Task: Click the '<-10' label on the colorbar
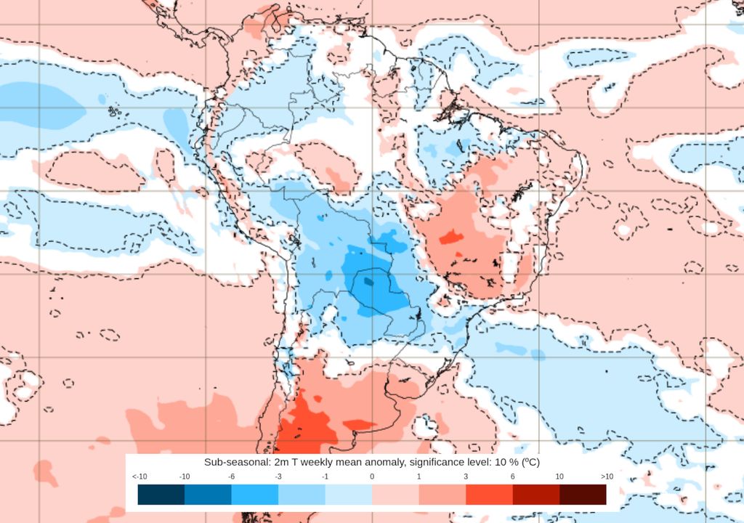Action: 140,477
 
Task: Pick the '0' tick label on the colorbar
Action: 372,477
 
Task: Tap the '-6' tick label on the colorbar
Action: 231,477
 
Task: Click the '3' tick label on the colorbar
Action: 466,477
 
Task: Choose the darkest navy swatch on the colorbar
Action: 161,495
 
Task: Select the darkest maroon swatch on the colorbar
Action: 583,495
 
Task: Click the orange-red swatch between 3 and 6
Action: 489,495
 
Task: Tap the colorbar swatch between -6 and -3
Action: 254,495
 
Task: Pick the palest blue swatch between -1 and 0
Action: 348,495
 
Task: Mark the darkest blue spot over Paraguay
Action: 368,281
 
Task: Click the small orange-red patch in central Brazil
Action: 450,237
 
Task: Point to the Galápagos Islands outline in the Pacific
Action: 113,112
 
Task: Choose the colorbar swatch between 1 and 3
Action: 442,495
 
